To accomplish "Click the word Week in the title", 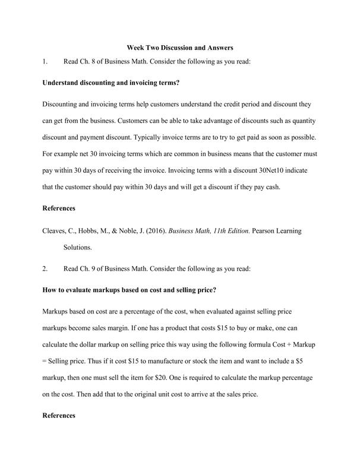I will coord(137,47).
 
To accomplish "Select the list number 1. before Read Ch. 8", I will coord(46,61).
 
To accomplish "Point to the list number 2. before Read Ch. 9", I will coord(46,268).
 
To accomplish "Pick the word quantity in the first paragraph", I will coord(301,121).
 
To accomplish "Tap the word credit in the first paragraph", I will coord(236,104).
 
